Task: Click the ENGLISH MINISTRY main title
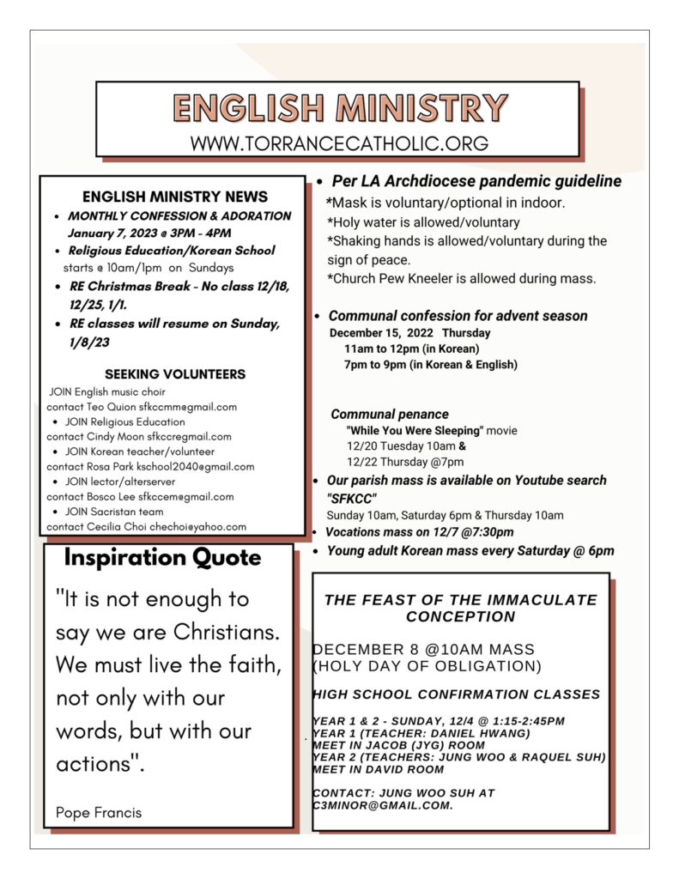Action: pos(339,109)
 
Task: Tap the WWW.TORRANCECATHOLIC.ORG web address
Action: pos(339,143)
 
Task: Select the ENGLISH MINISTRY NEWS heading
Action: pos(175,197)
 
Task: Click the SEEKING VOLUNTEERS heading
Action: pos(175,374)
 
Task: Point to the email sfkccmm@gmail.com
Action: pos(188,407)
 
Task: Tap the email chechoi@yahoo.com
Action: pos(202,526)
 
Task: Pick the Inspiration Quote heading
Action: pos(163,558)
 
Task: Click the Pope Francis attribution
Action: pos(99,812)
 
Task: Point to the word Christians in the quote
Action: pos(227,633)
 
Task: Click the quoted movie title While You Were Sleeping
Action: pos(415,430)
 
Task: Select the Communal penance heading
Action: pos(390,414)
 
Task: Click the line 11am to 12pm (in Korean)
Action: pos(411,349)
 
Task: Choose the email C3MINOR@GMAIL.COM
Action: pos(382,806)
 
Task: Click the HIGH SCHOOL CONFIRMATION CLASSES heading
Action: pos(456,694)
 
